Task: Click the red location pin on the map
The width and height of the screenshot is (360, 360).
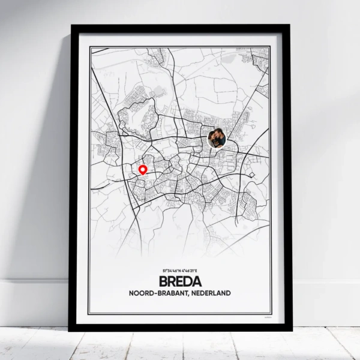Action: click(x=143, y=170)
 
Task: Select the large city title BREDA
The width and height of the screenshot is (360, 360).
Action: click(x=180, y=281)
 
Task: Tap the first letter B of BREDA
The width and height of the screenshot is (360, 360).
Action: click(x=164, y=281)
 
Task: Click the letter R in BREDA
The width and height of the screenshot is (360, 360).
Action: click(x=172, y=281)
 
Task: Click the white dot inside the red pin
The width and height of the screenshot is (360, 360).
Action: click(x=143, y=169)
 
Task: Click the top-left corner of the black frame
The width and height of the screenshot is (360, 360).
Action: click(x=72, y=26)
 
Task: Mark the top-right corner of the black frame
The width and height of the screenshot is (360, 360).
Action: click(x=290, y=26)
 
